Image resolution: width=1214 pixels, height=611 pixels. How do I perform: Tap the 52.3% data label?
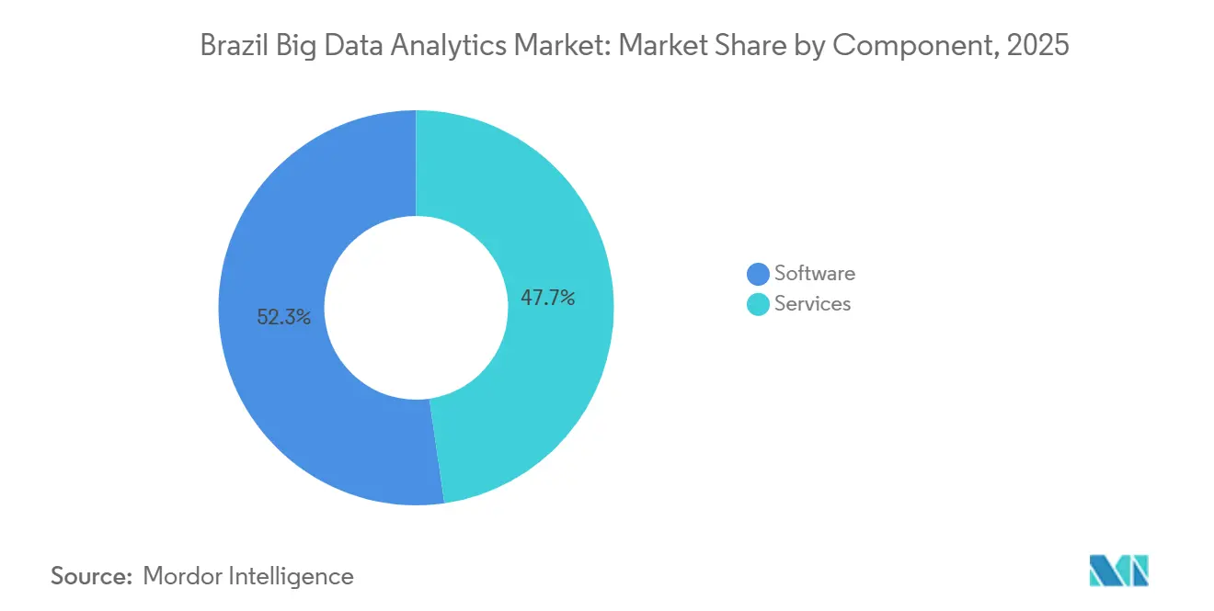(283, 318)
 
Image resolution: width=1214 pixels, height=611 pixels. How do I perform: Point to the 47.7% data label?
(547, 298)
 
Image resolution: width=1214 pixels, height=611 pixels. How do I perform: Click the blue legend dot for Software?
(758, 274)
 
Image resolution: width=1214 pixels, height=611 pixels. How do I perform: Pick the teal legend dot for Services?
(758, 304)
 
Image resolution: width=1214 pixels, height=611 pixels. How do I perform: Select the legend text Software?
(814, 273)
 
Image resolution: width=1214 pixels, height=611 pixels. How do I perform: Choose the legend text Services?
(812, 303)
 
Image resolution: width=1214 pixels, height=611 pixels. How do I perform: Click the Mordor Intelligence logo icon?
(1118, 571)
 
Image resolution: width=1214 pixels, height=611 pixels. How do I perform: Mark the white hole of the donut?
(416, 308)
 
